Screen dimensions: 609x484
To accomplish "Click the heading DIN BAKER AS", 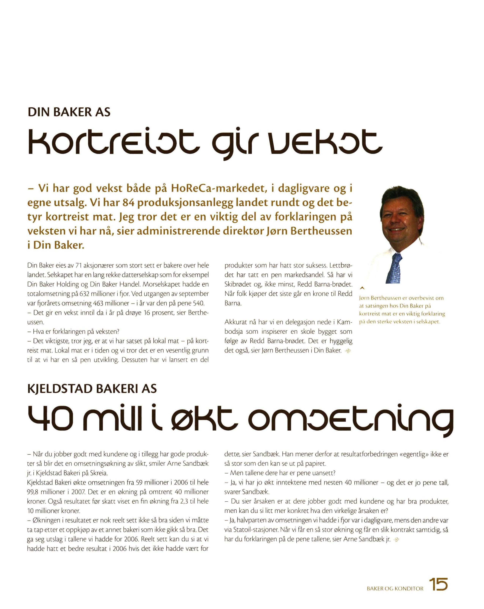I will click(69, 112).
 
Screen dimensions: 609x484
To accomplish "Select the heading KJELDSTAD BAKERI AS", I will click(92, 389).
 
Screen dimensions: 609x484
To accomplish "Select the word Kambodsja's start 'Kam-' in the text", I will click(345, 322).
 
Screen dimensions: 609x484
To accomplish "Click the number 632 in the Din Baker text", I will click(85, 294).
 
